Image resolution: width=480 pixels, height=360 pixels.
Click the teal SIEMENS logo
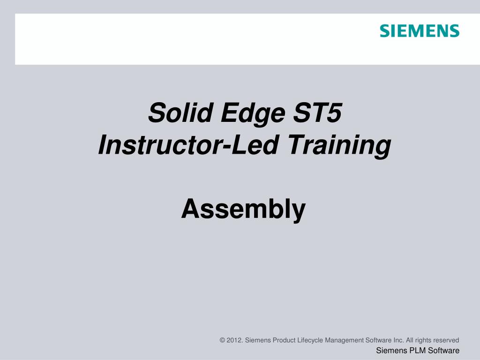click(420, 31)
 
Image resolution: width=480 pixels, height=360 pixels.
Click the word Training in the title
click(339, 145)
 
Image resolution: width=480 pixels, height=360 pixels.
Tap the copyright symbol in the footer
click(222, 340)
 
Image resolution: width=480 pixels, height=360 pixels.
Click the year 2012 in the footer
click(234, 340)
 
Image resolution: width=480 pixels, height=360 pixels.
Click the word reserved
click(446, 340)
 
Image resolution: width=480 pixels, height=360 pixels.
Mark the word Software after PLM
click(443, 351)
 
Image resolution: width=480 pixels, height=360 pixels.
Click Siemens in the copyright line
click(258, 340)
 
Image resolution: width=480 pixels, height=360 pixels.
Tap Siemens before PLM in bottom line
click(390, 351)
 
